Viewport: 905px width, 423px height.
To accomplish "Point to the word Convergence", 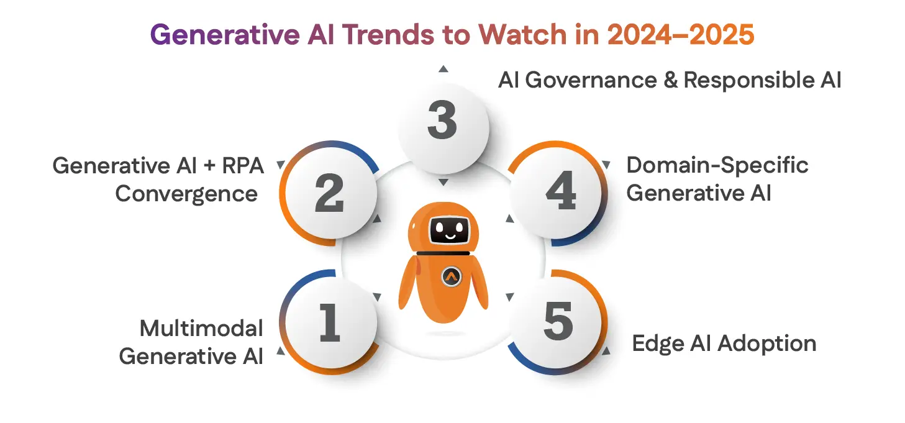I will click(186, 194).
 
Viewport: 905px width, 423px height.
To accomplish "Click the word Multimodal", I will click(201, 328).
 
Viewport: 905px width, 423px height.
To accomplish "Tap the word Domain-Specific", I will click(717, 165).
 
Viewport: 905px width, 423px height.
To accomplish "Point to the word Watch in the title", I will click(506, 35).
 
